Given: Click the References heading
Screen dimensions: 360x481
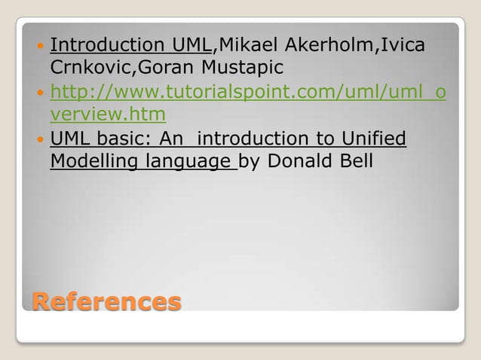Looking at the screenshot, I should tap(106, 302).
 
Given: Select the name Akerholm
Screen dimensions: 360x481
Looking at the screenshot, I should tap(335, 44).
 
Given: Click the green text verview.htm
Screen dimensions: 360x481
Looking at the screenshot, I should tap(108, 114).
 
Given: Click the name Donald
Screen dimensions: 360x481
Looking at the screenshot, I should tap(302, 161).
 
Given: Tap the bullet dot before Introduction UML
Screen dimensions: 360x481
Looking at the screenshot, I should tap(39, 45).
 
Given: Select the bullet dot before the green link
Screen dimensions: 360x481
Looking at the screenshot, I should tap(39, 93).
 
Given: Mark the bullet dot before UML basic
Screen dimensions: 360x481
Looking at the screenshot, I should tap(39, 139).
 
